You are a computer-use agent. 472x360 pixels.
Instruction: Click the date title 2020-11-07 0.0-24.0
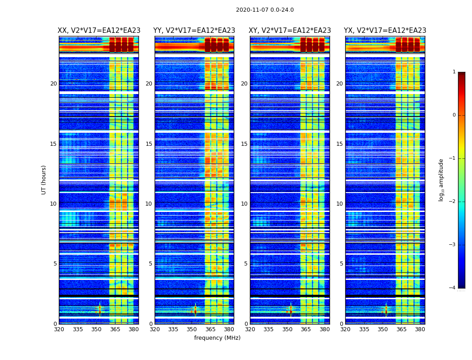265,10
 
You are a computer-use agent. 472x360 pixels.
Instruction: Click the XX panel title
99,31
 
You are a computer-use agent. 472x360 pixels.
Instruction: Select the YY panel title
194,31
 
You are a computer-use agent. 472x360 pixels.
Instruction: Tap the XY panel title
290,31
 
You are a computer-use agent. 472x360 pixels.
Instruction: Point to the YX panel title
385,31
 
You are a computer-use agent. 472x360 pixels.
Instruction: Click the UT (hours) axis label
44,180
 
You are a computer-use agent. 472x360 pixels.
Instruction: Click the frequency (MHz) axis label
217,338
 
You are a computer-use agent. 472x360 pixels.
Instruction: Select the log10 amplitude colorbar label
441,180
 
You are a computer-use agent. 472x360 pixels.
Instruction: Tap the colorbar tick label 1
454,72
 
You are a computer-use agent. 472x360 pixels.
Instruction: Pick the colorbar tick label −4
453,288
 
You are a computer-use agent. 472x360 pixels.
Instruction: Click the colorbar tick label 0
454,115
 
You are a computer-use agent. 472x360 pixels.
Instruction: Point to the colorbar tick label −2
453,202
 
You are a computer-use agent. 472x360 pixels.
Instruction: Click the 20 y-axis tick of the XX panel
53,84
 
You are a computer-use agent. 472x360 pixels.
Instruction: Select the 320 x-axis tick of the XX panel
59,329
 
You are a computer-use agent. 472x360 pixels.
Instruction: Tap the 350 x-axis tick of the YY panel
192,329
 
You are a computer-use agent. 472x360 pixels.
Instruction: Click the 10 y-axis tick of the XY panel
244,204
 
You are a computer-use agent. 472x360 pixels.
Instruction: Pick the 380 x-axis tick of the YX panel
420,329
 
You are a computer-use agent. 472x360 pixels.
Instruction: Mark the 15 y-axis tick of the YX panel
339,144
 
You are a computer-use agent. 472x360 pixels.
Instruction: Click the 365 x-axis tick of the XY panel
306,329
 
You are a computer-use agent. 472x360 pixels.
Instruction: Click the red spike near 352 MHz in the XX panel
100,309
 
